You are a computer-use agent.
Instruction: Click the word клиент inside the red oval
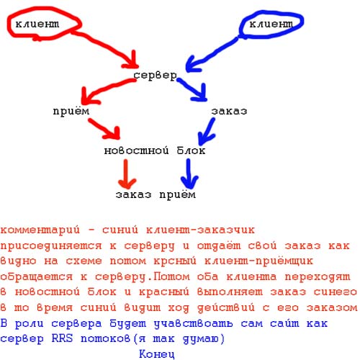click(37, 24)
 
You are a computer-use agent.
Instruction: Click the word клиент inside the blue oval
click(271, 24)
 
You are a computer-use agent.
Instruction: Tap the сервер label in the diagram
click(155, 76)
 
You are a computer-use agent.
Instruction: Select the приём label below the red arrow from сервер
click(71, 112)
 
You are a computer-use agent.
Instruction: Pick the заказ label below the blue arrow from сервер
click(229, 111)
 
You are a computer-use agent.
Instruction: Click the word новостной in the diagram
click(136, 150)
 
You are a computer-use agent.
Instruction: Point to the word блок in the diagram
click(191, 150)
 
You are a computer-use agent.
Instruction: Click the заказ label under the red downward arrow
click(133, 194)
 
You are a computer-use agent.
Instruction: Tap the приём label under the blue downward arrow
click(178, 194)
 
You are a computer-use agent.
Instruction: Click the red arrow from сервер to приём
click(106, 90)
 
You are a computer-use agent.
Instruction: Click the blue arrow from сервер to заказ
click(192, 89)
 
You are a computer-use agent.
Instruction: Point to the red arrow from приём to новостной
click(104, 128)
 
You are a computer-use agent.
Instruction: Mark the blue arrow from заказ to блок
click(207, 132)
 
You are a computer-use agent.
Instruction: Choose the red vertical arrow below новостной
click(126, 174)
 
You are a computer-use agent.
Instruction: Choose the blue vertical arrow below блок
click(189, 174)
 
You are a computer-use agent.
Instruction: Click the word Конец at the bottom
click(157, 354)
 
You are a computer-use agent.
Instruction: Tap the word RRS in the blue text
click(62, 338)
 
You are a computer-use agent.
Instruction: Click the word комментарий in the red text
click(40, 230)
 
